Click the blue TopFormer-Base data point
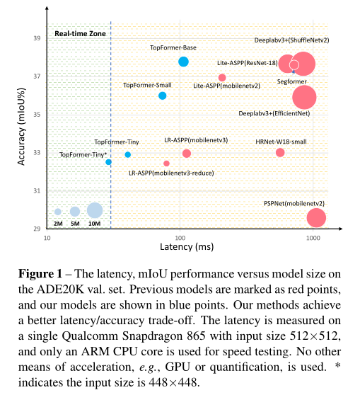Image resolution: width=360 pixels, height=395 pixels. [183, 62]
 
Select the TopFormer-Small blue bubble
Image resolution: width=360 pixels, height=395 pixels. [163, 96]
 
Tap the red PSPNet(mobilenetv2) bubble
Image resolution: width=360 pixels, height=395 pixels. [316, 218]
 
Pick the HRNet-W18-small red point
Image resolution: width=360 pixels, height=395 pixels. [280, 152]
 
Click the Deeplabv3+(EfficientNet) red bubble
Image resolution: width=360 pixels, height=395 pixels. [304, 97]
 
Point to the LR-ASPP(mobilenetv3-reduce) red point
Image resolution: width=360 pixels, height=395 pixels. [166, 164]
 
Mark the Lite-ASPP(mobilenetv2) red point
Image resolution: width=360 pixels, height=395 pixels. [222, 77]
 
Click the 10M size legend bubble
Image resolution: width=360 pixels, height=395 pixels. [95, 210]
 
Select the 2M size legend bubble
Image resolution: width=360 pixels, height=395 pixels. [58, 212]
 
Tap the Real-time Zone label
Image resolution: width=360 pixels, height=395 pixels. [81, 33]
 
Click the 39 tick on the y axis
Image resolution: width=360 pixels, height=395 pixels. [37, 38]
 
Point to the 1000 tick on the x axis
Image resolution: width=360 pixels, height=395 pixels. [313, 238]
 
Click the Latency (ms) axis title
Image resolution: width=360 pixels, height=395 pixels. [187, 247]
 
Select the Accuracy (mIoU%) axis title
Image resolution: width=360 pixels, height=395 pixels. [21, 127]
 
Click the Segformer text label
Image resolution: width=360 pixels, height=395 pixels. [291, 81]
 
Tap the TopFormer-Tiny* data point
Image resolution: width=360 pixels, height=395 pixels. [108, 162]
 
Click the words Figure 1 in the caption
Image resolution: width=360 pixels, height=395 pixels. [40, 273]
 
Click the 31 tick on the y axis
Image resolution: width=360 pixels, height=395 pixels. [37, 190]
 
